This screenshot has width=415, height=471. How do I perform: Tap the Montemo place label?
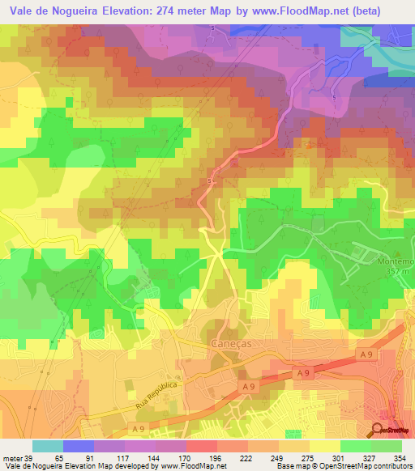(394, 263)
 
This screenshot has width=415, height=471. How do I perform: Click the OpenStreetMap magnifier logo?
(379, 429)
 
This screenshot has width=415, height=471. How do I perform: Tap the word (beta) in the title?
(386, 11)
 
